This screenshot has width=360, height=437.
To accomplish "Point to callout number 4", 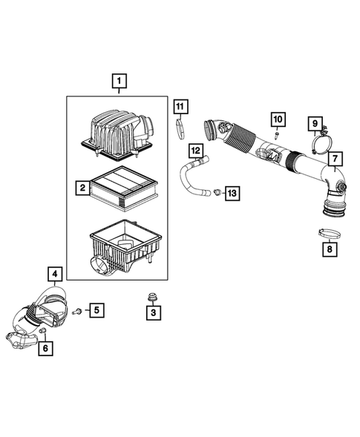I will (54, 272).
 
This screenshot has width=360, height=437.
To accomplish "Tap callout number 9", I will (314, 122).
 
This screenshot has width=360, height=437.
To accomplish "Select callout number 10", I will (277, 119).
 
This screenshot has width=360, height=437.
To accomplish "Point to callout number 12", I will (194, 151).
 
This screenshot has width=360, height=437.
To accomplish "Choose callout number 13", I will (232, 194).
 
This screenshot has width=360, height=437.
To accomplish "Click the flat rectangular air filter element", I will (123, 188).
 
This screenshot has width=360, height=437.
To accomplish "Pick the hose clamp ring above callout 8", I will (328, 234).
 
